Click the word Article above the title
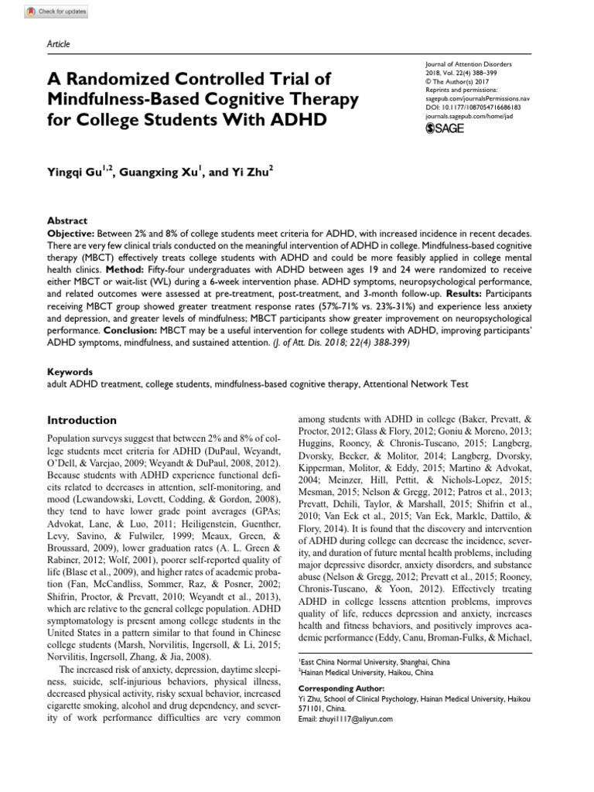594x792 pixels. [x=59, y=44]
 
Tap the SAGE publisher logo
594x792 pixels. [x=445, y=128]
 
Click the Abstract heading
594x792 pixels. [x=67, y=220]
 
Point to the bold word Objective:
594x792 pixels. [x=73, y=232]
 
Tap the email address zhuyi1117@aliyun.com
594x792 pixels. [x=346, y=719]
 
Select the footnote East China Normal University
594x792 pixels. [x=364, y=662]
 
